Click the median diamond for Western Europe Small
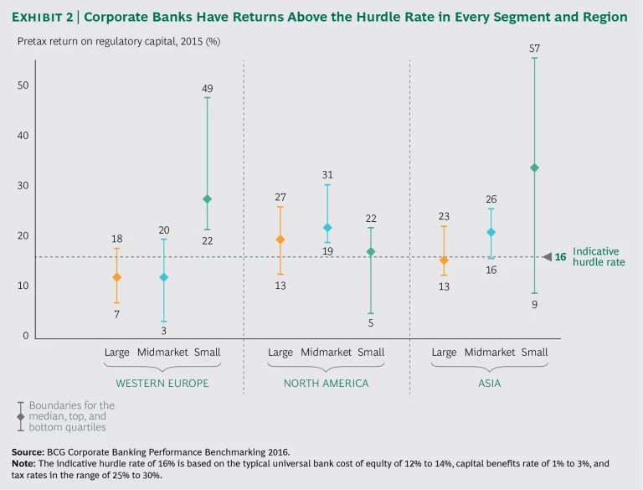(207, 199)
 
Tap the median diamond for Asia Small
(534, 168)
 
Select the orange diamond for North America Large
(280, 240)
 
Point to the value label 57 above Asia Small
(534, 48)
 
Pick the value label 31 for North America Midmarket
(327, 174)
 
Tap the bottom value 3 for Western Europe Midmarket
(163, 331)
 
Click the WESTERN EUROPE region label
(162, 383)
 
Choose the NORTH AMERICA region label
(326, 383)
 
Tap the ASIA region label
(490, 383)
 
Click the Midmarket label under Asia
(491, 352)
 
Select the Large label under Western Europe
(116, 352)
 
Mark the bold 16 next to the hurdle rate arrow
(561, 257)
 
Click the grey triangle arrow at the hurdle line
(547, 257)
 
